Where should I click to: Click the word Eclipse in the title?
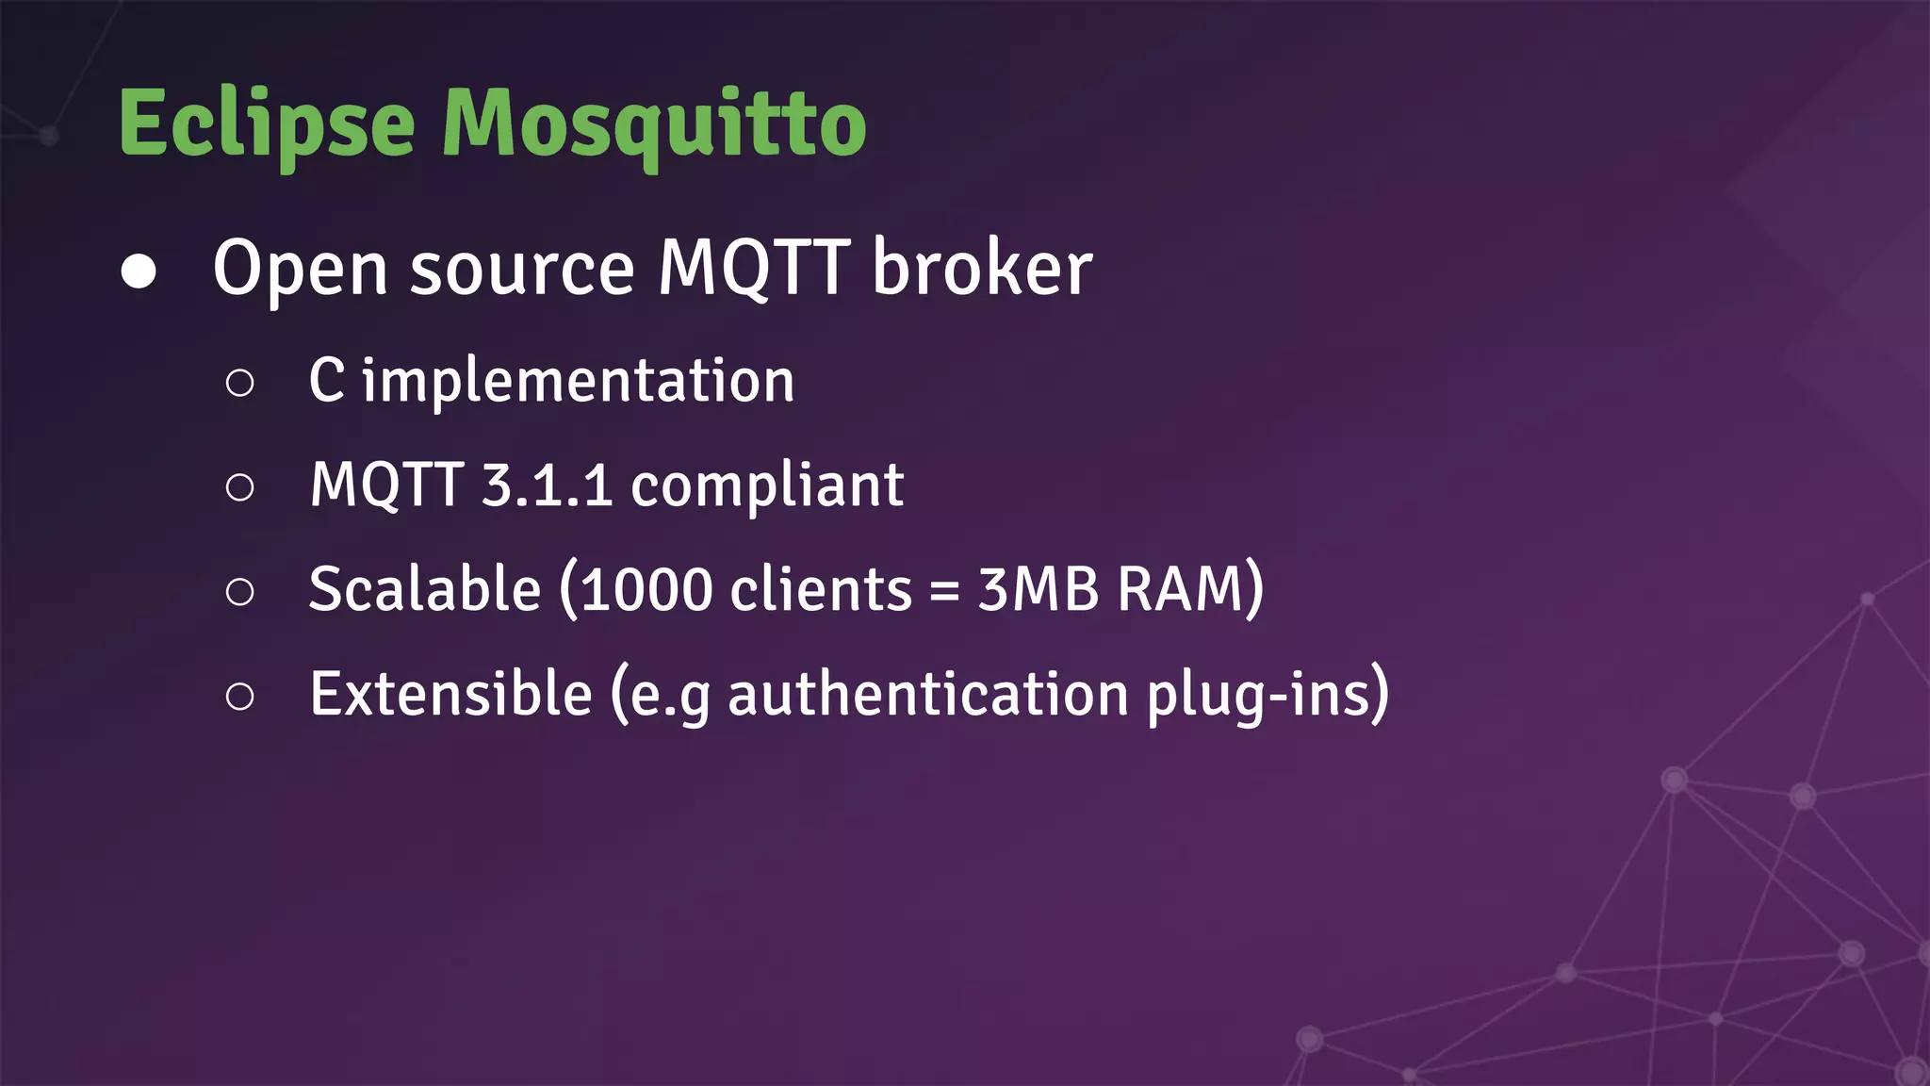pos(267,124)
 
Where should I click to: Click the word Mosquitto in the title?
pos(654,124)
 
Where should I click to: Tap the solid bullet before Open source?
pos(139,271)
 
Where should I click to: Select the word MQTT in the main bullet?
pos(754,269)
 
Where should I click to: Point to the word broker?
pos(982,269)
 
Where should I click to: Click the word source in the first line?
pos(523,271)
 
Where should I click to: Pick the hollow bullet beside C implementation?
pos(240,383)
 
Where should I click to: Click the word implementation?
pos(579,382)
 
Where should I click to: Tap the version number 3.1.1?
pos(547,485)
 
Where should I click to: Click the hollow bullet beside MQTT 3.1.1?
pos(240,487)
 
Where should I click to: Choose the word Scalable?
pos(425,589)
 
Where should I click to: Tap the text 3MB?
pos(1038,590)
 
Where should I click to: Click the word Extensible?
pos(450,694)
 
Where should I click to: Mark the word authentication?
pos(928,696)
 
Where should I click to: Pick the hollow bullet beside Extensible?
pos(240,697)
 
